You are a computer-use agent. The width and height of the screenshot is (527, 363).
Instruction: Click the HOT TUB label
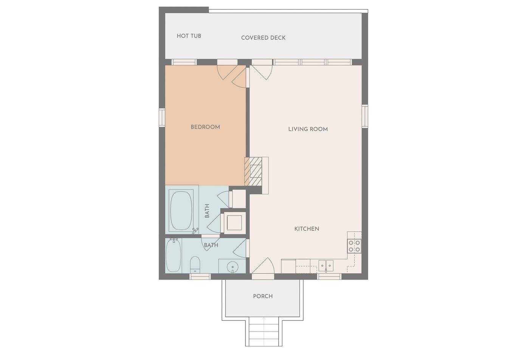tap(189, 36)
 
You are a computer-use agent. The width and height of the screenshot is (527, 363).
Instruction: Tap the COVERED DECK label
tap(263, 38)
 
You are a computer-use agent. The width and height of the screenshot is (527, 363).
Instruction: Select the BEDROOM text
tap(205, 127)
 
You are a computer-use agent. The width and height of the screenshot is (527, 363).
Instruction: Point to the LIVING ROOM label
tap(308, 129)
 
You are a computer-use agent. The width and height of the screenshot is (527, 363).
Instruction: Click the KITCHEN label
tap(307, 229)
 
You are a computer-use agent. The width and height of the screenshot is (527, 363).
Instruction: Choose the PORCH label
tap(263, 296)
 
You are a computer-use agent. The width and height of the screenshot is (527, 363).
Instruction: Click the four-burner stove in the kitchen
tap(354, 246)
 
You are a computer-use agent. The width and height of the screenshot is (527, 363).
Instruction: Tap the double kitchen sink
tap(326, 265)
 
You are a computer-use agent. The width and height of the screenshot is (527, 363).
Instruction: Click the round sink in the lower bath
tap(232, 267)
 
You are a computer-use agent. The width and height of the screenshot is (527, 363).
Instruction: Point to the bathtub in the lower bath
tap(174, 256)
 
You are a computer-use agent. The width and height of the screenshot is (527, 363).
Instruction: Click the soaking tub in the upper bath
tap(181, 210)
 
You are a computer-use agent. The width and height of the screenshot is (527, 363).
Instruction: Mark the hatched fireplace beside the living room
tap(253, 171)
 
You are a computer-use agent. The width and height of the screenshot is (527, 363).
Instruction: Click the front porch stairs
tap(263, 332)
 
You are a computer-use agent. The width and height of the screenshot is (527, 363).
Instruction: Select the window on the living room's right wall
tap(365, 116)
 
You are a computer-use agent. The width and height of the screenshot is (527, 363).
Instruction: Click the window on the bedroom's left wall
tap(162, 118)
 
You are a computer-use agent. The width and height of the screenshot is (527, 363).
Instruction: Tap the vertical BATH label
tap(207, 211)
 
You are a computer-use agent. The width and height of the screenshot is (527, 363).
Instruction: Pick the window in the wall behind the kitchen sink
tap(329, 276)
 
